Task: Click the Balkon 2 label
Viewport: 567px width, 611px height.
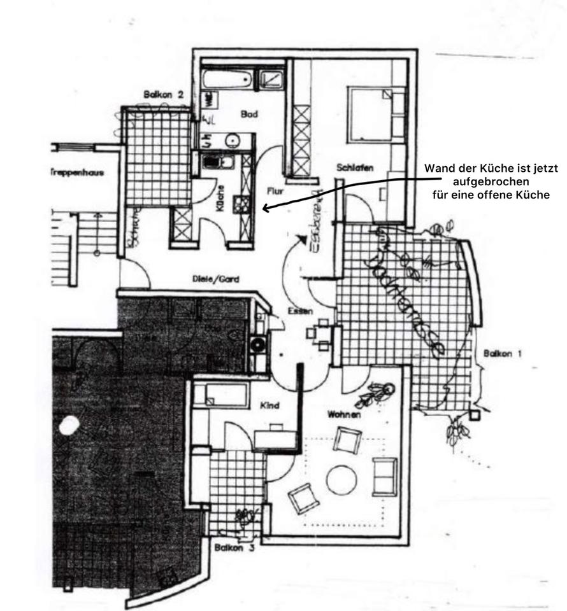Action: coord(163,95)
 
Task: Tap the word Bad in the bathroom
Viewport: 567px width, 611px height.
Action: coord(249,115)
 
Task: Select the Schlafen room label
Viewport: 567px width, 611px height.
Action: coord(355,168)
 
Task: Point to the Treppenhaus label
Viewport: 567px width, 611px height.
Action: coord(76,172)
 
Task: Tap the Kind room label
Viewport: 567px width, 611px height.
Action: coord(271,405)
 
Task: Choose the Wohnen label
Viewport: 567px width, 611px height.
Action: coord(345,414)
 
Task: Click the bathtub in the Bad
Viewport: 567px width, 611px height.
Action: coord(227,80)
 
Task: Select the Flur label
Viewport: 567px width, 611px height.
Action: coord(275,190)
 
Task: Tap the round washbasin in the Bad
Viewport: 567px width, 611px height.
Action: coord(233,140)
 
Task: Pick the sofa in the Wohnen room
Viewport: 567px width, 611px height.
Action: coord(385,476)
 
